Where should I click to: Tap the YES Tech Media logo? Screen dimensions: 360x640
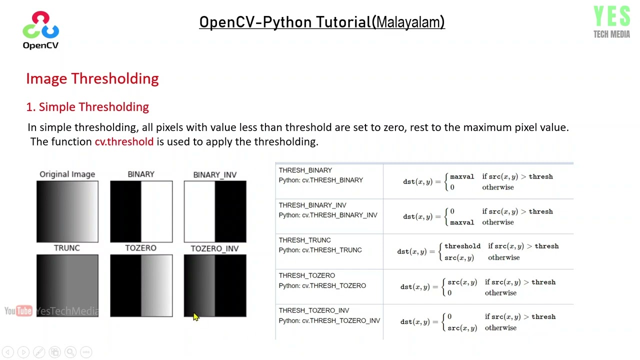pos(611,22)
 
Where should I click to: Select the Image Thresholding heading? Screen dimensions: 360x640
pos(92,78)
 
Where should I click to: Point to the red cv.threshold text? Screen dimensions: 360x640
pos(124,141)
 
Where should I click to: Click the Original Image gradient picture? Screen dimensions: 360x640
pos(67,211)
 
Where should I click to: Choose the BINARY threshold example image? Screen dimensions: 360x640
pos(141,211)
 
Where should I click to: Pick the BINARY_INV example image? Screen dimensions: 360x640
pos(215,211)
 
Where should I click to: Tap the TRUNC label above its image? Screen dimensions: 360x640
pos(67,248)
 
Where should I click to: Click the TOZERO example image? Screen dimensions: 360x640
pos(141,285)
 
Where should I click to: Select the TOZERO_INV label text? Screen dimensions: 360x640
pos(214,248)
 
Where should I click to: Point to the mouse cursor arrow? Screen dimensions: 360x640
pos(195,316)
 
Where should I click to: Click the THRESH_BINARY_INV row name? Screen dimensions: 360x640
pos(312,205)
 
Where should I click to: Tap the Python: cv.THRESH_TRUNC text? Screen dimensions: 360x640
pos(320,250)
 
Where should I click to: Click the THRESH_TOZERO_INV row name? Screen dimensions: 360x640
pos(314,310)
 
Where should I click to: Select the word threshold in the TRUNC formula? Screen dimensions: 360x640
pos(462,246)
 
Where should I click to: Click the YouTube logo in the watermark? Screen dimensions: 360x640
pos(18,311)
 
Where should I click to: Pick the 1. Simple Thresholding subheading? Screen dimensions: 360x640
pos(87,106)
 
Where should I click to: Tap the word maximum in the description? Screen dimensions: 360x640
pos(487,127)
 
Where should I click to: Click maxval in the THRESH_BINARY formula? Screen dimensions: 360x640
pos(462,176)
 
